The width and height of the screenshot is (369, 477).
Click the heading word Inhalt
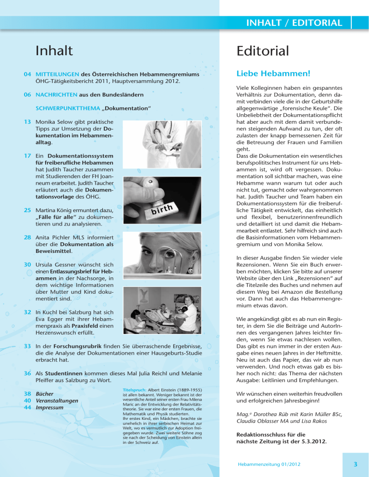coord(54,50)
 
